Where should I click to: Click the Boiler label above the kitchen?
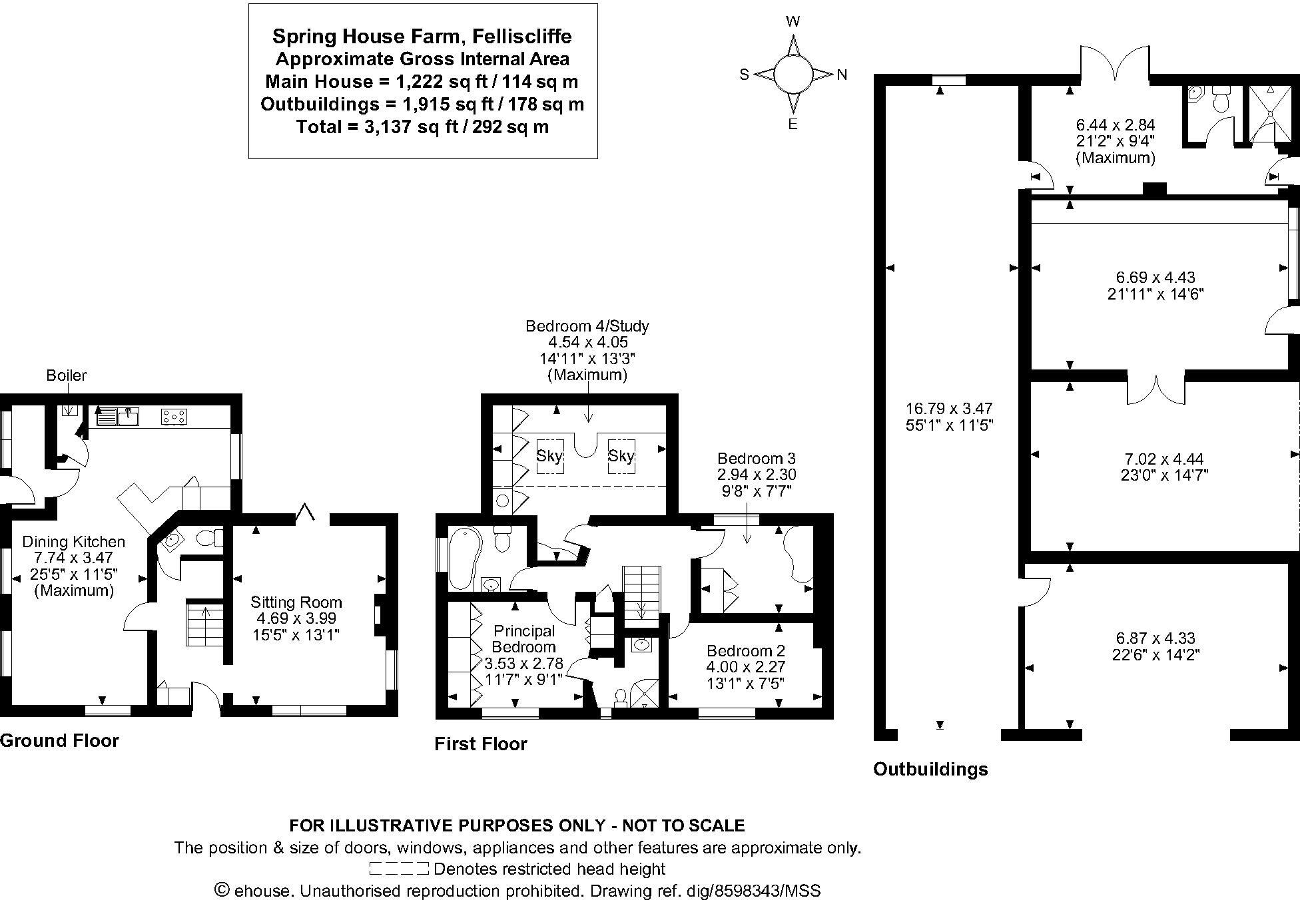(66, 375)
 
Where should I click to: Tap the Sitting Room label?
(296, 602)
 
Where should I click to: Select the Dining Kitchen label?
(74, 542)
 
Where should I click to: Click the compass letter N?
(842, 75)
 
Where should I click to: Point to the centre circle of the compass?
(793, 74)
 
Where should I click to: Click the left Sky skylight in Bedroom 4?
(550, 456)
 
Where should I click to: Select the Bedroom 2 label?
(746, 650)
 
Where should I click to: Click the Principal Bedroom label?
(523, 638)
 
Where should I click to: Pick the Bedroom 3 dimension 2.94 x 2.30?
(757, 475)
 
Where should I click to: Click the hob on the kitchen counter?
(174, 417)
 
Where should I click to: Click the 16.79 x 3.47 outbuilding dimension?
(949, 408)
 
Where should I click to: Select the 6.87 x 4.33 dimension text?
(1160, 638)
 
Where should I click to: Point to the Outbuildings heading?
(930, 770)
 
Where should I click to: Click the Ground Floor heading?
(59, 741)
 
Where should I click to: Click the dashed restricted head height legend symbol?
(399, 869)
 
